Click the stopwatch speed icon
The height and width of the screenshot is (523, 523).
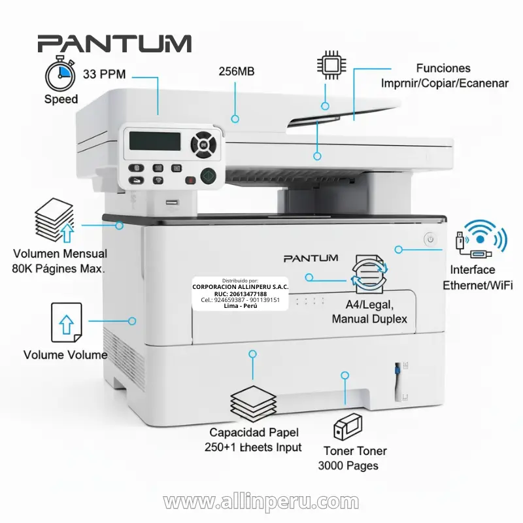tap(60, 75)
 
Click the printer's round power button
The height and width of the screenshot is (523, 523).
tap(430, 239)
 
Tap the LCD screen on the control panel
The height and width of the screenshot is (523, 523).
tap(155, 140)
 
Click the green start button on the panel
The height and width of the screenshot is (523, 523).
tap(209, 175)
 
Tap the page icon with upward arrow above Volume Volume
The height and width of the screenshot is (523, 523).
tap(65, 321)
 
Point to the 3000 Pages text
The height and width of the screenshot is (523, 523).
tap(348, 466)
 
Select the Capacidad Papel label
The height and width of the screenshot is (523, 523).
tap(254, 432)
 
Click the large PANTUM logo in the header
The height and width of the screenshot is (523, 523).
tap(114, 44)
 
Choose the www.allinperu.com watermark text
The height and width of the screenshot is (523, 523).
tap(261, 502)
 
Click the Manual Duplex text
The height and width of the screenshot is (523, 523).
tap(369, 319)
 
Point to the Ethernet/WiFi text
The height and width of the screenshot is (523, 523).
tap(478, 285)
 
